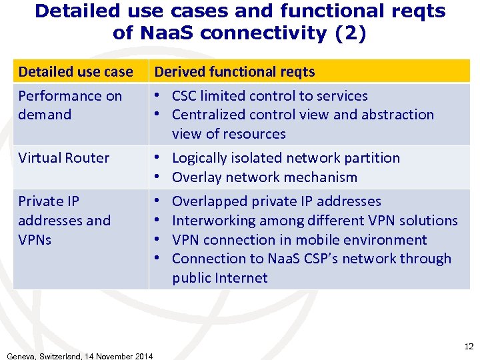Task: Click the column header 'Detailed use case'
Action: tap(75, 71)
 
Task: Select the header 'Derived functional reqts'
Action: tap(235, 71)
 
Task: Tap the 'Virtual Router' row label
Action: tap(63, 158)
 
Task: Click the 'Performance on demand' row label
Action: tap(70, 105)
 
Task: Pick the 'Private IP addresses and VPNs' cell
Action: tap(65, 220)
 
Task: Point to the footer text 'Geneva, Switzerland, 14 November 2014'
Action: tap(79, 356)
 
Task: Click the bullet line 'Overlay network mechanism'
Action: tap(264, 177)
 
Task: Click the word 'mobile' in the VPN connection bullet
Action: tap(323, 240)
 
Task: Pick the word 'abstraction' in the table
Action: tap(397, 115)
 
